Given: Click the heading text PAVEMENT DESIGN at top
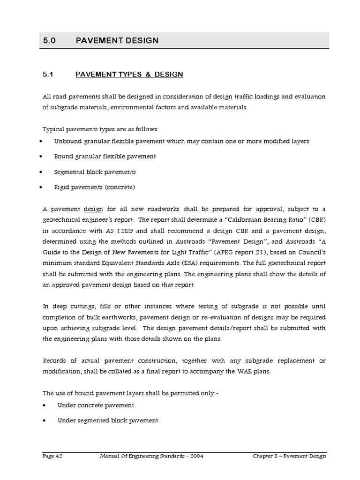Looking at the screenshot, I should [117, 40].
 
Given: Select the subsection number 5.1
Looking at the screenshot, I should [49, 75].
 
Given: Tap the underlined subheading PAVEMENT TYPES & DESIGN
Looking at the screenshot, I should [129, 75].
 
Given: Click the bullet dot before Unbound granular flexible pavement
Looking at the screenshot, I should [43, 141].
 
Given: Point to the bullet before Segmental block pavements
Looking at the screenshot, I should [43, 172].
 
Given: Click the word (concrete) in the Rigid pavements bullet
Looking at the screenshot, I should [120, 187].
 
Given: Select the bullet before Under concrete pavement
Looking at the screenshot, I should [43, 405].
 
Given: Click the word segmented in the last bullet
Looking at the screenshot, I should [88, 420].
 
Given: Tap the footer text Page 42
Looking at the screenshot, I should [52, 456].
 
